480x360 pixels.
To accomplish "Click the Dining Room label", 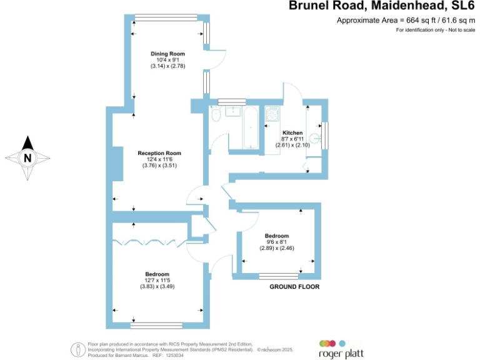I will [167, 54].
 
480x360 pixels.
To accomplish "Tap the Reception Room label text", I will [159, 153].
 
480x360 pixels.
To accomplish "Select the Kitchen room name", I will [292, 133].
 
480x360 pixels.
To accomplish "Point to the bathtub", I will [250, 129].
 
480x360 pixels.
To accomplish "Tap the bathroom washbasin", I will [233, 111].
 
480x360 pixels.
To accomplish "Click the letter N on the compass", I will [27, 158].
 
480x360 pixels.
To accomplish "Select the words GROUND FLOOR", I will [294, 287].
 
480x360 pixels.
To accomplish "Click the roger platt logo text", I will [341, 354].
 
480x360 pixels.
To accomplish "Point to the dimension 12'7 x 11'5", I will [157, 280].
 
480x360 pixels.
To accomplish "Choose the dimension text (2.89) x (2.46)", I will [277, 248].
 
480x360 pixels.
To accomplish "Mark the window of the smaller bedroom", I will [279, 275].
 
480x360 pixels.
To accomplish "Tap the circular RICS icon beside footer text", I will [78, 349].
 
